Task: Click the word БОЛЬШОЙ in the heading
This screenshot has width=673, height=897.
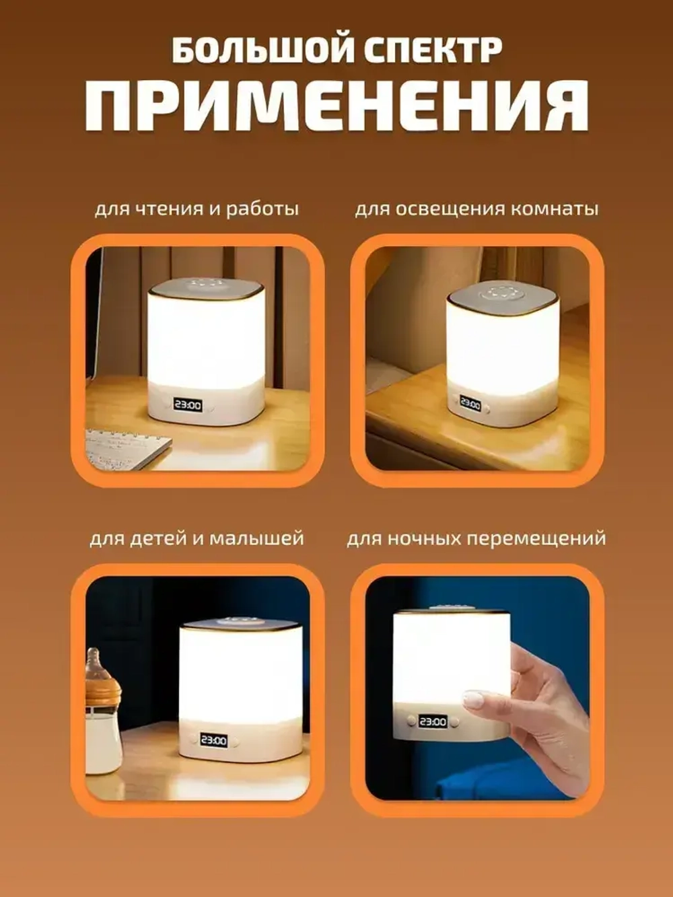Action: (262, 50)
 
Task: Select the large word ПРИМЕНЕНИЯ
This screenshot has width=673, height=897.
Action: (336, 106)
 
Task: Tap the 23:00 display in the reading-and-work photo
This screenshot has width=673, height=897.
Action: (188, 405)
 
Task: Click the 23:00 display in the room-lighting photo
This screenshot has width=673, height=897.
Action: (470, 404)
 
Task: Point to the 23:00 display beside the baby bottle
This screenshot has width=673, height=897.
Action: (213, 740)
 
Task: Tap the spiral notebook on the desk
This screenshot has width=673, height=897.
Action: (127, 447)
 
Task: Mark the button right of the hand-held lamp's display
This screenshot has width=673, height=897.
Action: (454, 722)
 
